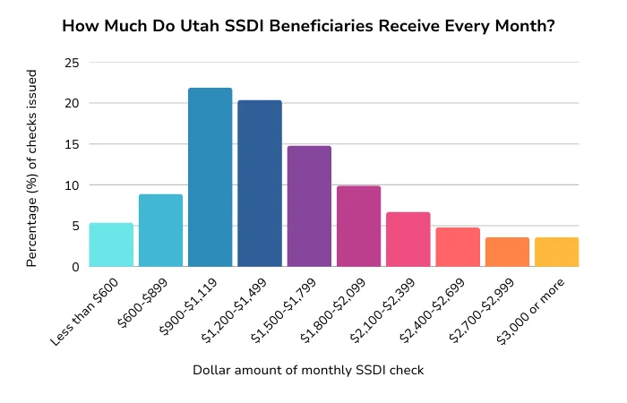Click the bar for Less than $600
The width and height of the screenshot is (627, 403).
point(111,244)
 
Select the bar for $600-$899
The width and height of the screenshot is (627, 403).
point(160,230)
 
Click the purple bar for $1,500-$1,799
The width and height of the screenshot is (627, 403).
point(309,206)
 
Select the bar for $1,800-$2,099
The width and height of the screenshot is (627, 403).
point(358,226)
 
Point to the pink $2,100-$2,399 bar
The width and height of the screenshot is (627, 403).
point(408,239)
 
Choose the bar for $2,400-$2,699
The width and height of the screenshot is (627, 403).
point(458,247)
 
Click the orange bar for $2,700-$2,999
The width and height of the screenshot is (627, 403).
point(507,252)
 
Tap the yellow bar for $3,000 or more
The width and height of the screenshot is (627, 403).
point(556,252)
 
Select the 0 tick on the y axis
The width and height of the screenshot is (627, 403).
point(74,267)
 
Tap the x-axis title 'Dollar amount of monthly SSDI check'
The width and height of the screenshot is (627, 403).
point(308,370)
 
